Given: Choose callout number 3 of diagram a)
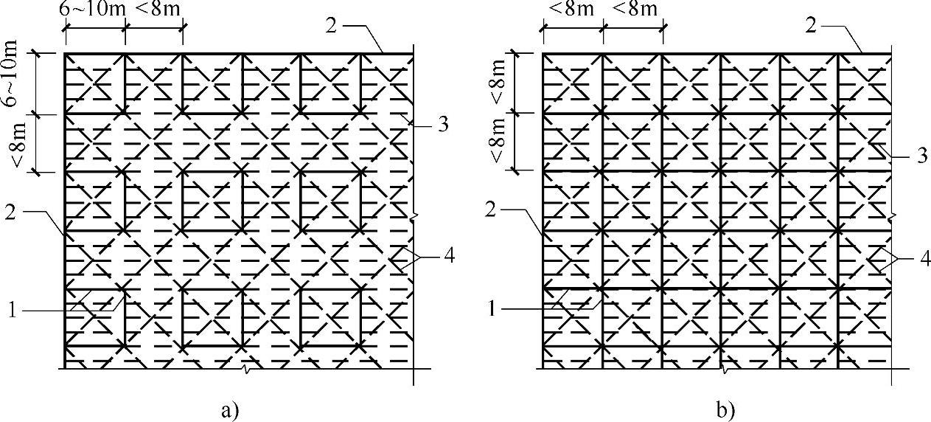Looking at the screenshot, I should click(x=443, y=125).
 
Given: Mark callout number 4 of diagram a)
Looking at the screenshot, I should click(x=448, y=257).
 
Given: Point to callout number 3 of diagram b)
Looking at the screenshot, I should click(x=921, y=156).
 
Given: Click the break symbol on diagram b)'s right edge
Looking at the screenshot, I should click(x=892, y=216).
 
